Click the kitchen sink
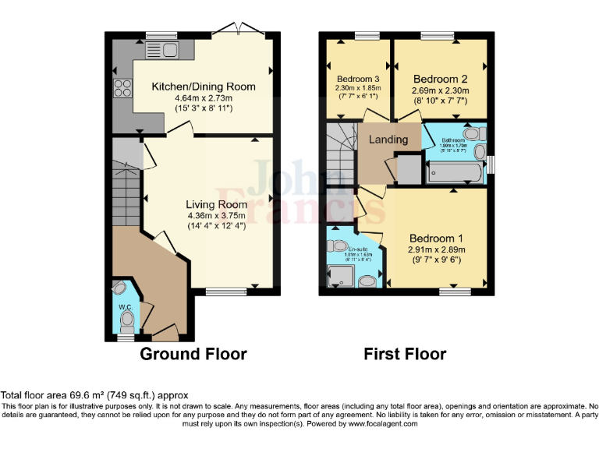[161, 51]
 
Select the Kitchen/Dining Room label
[192, 87]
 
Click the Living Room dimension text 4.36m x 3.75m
[210, 215]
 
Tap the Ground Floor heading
[193, 354]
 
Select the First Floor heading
[405, 354]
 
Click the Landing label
[388, 140]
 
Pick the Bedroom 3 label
[358, 80]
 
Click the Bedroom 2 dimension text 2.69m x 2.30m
[441, 90]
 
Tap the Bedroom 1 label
[436, 239]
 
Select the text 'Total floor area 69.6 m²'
[56, 396]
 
